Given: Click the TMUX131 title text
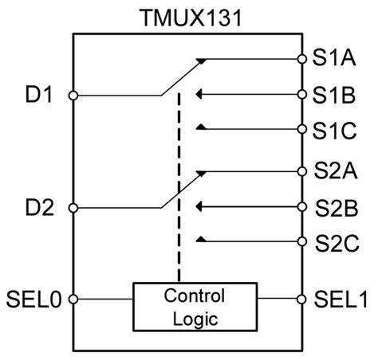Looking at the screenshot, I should (187, 15).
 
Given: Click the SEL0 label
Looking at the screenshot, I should (31, 300).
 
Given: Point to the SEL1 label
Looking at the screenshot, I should (340, 300).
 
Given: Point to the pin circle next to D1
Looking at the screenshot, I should (73, 96).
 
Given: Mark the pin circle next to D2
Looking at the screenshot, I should (73, 209).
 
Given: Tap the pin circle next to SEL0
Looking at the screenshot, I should (73, 300).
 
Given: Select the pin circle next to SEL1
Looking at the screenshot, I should (301, 300).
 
